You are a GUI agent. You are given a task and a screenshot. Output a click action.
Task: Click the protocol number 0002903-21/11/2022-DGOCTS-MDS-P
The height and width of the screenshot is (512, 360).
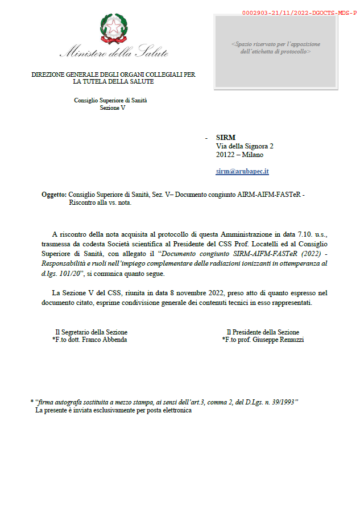tap(299, 12)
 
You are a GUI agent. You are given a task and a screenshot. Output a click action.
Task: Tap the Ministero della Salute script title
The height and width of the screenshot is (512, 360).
tap(114, 53)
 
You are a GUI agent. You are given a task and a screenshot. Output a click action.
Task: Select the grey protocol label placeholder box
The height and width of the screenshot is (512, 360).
tap(275, 51)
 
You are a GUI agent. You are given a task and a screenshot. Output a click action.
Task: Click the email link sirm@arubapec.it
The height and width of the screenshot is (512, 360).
tap(242, 171)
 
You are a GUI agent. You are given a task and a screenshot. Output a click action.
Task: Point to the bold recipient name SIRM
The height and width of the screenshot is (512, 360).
tap(226, 137)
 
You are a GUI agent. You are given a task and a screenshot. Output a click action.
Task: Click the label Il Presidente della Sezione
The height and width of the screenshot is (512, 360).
tap(262, 332)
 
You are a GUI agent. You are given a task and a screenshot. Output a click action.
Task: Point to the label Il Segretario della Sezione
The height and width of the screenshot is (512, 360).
tap(91, 332)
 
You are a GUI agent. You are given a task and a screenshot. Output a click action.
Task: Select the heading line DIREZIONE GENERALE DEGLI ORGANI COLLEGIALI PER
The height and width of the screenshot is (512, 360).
tap(113, 75)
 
